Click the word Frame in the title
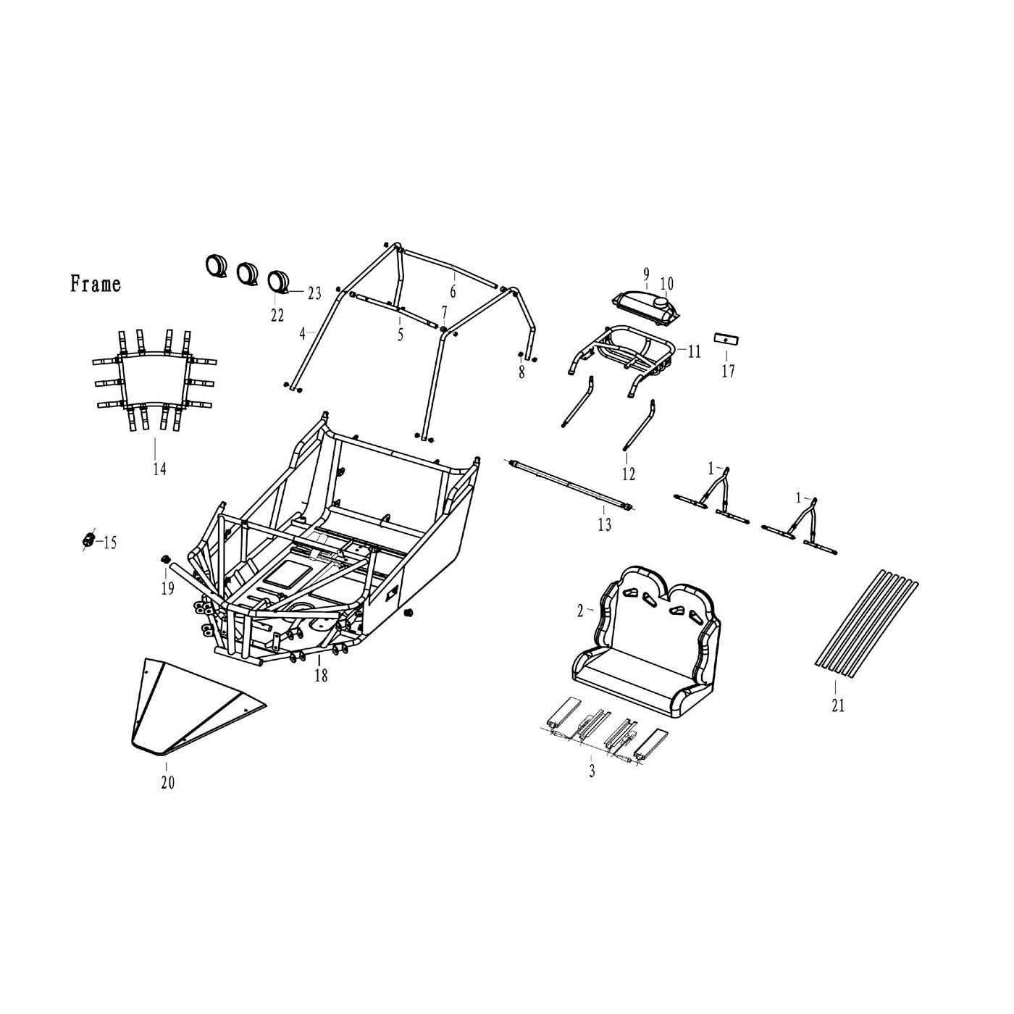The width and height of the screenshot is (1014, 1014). point(96,284)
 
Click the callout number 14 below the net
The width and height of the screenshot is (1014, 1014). point(159,469)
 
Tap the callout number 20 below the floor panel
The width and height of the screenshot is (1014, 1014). point(167,783)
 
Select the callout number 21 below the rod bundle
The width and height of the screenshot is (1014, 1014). point(838,705)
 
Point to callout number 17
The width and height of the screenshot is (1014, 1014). point(728,372)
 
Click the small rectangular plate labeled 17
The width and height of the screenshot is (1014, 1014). point(726,339)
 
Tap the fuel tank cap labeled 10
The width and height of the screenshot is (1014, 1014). point(663,301)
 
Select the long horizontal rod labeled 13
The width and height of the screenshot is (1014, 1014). point(572,485)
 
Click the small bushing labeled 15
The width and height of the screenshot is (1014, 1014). point(88,540)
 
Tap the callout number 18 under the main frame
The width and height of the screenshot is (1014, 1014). point(321,676)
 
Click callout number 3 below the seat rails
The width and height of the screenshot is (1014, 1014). point(592,772)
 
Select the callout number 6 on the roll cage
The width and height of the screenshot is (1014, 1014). point(453,292)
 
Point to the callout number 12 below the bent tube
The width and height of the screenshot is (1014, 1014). point(628,474)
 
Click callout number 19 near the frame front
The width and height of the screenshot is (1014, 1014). point(167,589)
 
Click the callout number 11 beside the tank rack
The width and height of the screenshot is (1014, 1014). point(694,352)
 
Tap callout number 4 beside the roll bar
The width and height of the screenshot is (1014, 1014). point(303,335)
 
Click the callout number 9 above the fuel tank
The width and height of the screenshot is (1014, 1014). point(646,274)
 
